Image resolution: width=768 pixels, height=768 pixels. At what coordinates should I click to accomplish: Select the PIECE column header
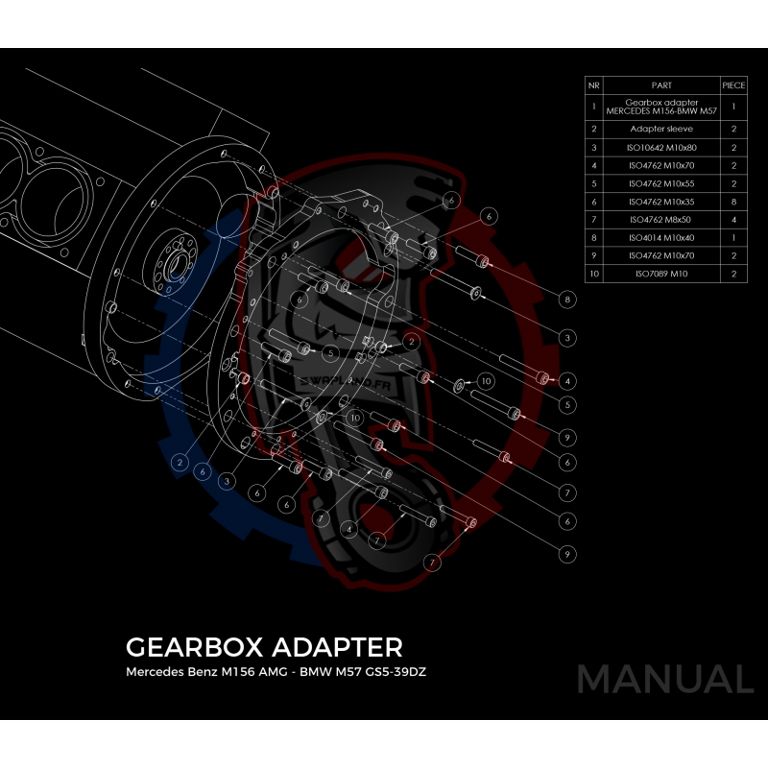tap(733, 84)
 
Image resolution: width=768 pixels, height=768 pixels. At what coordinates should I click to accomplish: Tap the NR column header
tap(594, 84)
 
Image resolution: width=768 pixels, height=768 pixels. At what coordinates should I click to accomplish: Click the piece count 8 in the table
tap(733, 202)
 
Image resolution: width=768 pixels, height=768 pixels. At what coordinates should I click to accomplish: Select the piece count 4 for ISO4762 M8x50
tap(733, 220)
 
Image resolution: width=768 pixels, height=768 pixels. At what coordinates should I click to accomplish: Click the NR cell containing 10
tap(594, 275)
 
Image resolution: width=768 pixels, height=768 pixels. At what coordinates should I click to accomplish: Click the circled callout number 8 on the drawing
tap(568, 300)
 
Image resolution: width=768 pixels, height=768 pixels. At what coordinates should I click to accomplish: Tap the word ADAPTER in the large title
tap(336, 644)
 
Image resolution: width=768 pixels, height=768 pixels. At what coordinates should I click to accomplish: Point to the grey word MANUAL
tap(664, 679)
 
